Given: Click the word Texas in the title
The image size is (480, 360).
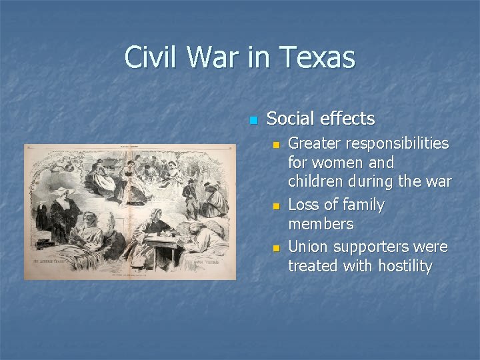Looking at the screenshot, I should point(319,57).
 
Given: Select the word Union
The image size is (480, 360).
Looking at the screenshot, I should point(308,247).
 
